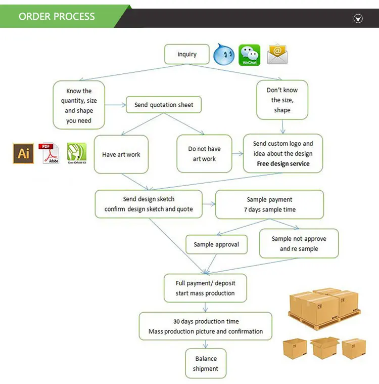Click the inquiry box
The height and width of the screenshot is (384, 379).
[x=187, y=54]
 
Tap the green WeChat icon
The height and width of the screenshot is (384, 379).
[x=249, y=55]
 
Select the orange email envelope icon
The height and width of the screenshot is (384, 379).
[x=277, y=54]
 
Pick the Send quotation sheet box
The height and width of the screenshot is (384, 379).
[x=164, y=105]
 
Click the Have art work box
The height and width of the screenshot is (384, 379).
[x=121, y=154]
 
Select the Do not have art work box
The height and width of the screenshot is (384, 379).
[x=204, y=154]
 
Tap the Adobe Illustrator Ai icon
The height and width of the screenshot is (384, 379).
[x=23, y=153]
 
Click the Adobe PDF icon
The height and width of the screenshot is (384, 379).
[x=50, y=153]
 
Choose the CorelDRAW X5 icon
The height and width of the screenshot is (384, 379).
[x=77, y=153]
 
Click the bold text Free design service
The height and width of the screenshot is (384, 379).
[x=283, y=164]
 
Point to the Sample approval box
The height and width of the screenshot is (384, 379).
[x=216, y=245]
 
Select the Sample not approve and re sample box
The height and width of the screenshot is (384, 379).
[x=299, y=243]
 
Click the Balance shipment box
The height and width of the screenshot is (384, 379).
[x=206, y=364]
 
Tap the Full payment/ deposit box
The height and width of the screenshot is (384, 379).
[x=205, y=288]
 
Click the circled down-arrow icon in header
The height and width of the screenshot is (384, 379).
[x=358, y=19]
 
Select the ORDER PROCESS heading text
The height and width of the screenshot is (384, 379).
[x=57, y=16]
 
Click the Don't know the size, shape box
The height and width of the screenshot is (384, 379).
[x=282, y=100]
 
